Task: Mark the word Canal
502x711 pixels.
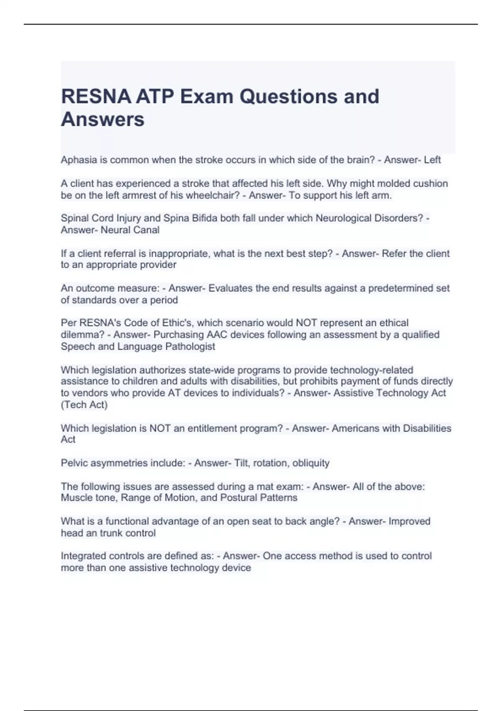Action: coord(146,230)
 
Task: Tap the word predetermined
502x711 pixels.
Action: coord(400,288)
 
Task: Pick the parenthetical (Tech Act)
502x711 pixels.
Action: coord(84,404)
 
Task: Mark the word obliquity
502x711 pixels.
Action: coord(311,463)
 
